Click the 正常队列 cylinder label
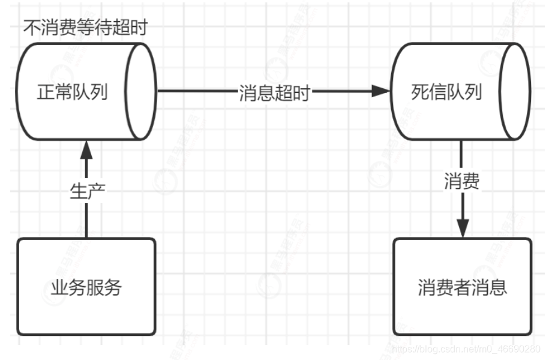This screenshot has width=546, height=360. coord(72,92)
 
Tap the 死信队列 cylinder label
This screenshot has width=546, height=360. coord(446,92)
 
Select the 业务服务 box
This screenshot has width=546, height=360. coord(86,287)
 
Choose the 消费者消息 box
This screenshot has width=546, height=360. coord(462,287)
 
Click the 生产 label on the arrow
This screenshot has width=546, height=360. coord(88,191)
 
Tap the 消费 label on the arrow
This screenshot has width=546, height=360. coord(462,182)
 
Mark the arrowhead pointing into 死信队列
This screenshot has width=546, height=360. coord(382,91)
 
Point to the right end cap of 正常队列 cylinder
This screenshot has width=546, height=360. coord(142,91)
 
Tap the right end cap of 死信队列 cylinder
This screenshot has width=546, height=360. coord(515,91)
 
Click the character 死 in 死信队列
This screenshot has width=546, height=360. coord(420,92)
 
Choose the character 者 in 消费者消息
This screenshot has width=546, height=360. coord(463,287)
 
